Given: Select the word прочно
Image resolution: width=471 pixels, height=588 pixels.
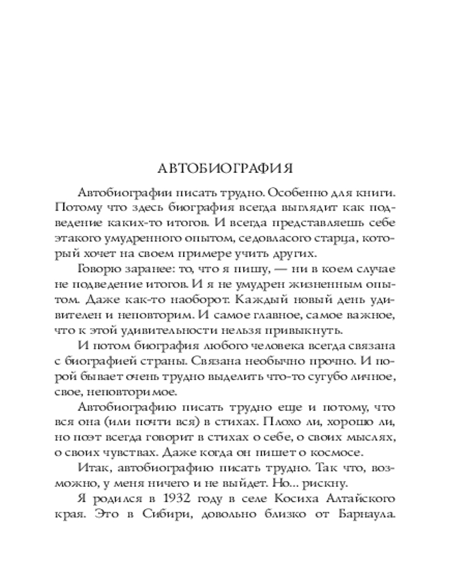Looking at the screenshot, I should coord(334,360).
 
